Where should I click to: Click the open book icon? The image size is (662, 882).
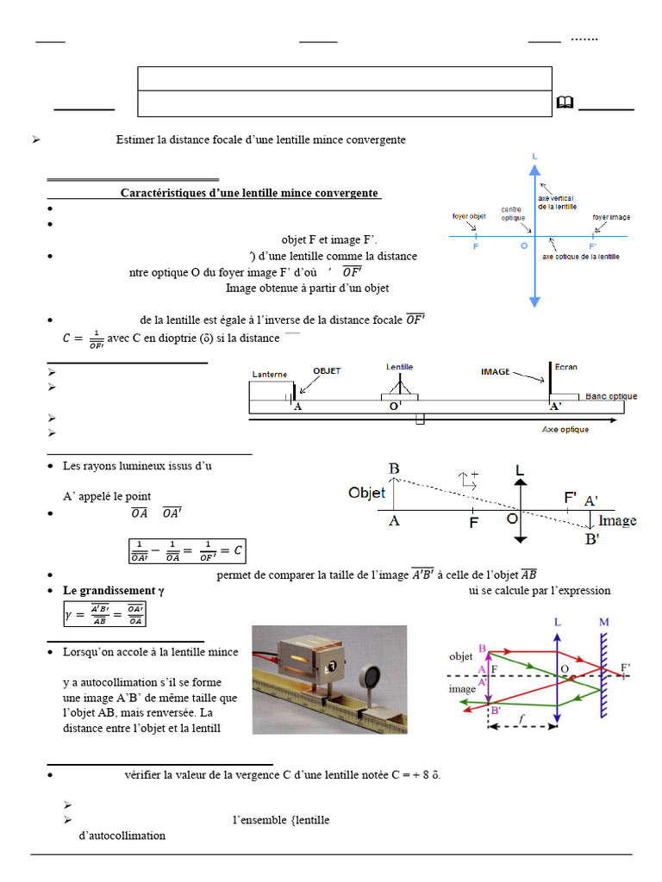(x=565, y=103)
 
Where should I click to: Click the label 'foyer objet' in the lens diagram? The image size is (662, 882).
(x=468, y=217)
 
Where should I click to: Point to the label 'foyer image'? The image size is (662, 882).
(x=611, y=217)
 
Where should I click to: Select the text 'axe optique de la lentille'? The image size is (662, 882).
(x=581, y=257)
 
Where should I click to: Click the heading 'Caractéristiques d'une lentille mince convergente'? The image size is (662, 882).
(x=250, y=193)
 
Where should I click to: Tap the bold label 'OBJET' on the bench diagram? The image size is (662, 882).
(x=327, y=371)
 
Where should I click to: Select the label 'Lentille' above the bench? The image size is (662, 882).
(x=399, y=367)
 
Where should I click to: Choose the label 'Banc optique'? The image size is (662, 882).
(x=611, y=396)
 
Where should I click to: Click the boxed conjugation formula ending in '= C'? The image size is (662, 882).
(x=186, y=550)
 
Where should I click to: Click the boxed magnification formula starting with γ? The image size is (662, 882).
(x=104, y=614)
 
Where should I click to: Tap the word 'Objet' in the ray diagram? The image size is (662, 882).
(x=366, y=494)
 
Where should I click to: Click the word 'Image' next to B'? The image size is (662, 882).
(x=617, y=520)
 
